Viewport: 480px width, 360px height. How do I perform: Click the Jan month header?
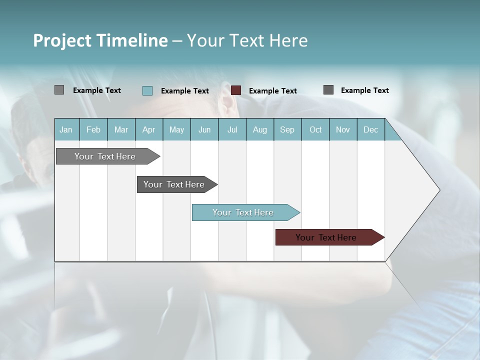click(66, 129)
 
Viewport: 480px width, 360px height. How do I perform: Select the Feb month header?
click(93, 129)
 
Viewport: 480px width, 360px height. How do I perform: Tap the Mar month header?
click(121, 129)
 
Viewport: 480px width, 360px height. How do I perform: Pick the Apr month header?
click(149, 129)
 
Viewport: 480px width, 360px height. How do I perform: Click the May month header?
click(176, 129)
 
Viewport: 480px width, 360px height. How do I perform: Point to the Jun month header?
click(204, 129)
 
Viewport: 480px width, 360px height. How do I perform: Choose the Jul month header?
click(232, 129)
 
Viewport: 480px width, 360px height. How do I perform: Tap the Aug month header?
click(260, 129)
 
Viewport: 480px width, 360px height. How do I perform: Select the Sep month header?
click(287, 129)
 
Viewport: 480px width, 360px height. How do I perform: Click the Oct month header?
click(315, 129)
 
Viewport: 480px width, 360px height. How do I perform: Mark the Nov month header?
click(343, 129)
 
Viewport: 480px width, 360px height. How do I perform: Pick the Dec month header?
click(371, 129)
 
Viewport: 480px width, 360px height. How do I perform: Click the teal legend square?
click(147, 90)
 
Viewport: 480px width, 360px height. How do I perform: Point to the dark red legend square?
click(236, 90)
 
